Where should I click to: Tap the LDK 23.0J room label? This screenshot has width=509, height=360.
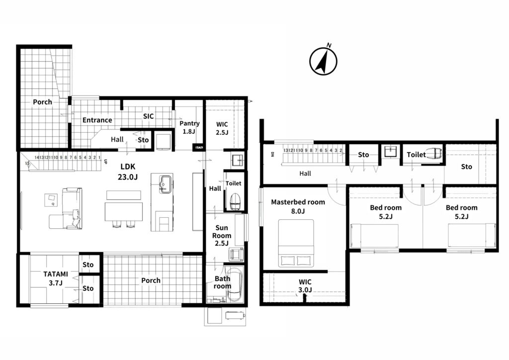click(129, 172)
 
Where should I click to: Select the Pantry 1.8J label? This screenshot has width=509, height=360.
click(189, 127)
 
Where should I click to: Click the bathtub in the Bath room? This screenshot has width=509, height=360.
click(234, 285)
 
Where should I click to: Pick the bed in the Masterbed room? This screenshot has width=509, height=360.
click(296, 243)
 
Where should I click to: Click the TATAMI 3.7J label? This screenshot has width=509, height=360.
click(56, 278)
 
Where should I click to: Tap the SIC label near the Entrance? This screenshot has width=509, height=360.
click(148, 116)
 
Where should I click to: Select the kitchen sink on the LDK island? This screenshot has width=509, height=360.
click(166, 184)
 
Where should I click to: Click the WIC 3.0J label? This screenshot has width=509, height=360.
click(305, 286)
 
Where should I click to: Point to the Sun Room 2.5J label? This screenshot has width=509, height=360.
click(222, 236)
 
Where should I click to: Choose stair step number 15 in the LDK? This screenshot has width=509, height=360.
click(27, 163)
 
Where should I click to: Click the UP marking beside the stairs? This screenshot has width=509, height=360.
click(105, 161)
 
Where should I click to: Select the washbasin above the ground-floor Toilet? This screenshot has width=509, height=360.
click(238, 160)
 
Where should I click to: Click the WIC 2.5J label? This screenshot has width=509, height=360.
click(222, 128)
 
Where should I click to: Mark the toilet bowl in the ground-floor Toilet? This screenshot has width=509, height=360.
click(235, 201)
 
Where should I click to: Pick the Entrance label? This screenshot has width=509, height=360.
click(97, 120)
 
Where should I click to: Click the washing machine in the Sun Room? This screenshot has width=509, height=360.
click(236, 254)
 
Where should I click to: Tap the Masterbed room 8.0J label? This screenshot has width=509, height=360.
click(298, 206)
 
